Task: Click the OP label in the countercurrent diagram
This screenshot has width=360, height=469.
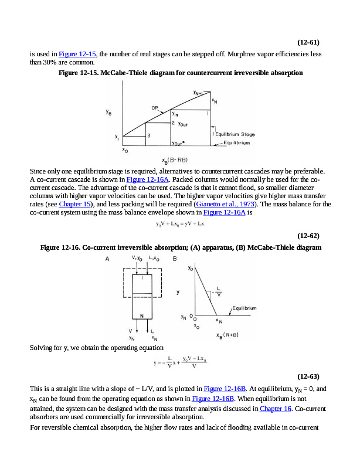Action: [155, 108]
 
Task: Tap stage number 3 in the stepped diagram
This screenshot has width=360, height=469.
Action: [149, 135]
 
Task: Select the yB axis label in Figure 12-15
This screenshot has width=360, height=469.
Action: [110, 114]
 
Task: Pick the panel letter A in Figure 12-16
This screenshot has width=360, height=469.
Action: [107, 259]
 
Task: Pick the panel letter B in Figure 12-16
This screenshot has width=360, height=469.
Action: [175, 259]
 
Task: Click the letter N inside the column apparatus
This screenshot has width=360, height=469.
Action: [141, 316]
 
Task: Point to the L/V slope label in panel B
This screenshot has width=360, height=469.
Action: [219, 291]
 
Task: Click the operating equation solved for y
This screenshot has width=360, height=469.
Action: [179, 363]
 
